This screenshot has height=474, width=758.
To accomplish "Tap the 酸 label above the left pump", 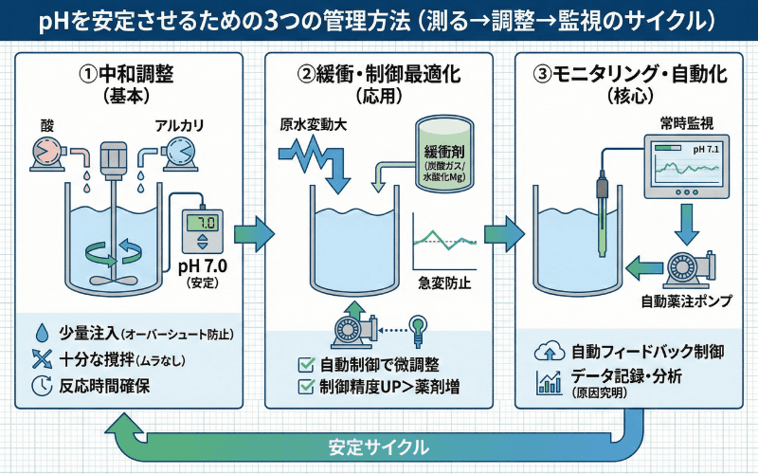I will pos(48,126).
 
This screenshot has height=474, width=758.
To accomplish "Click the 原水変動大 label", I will pos(309,127).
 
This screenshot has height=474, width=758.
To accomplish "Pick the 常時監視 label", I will pos(686,123).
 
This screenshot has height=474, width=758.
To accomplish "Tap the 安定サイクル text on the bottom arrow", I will pos(378,446).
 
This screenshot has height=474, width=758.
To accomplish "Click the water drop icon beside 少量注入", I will pos(40,334).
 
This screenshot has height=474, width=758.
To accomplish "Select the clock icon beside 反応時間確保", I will pos(41,385).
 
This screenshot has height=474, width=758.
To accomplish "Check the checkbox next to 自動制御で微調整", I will pos(306,364).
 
